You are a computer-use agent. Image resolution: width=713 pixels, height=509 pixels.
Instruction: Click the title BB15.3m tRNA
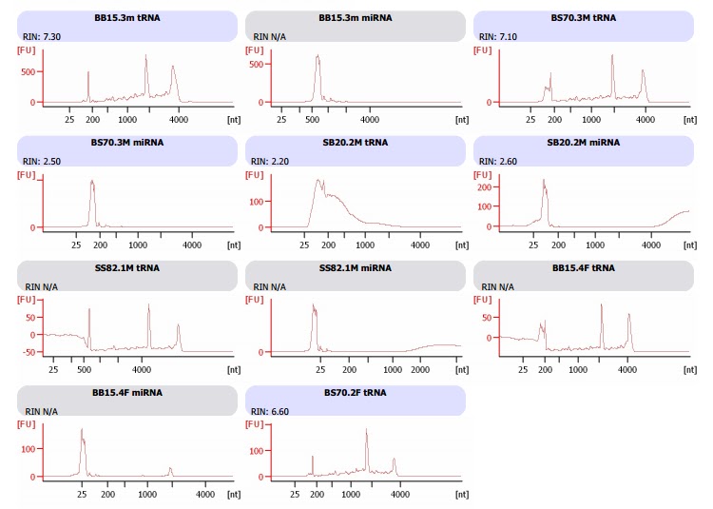(x=127, y=18)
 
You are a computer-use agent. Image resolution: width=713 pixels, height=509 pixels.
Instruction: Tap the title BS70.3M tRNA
(x=583, y=18)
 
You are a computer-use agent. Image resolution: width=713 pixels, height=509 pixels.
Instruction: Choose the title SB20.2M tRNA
(x=356, y=143)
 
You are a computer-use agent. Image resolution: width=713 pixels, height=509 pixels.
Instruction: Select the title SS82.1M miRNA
(x=356, y=268)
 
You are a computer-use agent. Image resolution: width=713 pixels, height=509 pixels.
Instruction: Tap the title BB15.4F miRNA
(x=127, y=392)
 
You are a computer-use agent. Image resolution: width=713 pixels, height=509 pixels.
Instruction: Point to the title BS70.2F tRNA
(x=356, y=392)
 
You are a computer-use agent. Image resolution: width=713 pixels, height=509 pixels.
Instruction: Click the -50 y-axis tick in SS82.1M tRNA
(x=29, y=352)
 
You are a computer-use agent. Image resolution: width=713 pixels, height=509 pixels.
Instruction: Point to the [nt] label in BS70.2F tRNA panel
(x=461, y=495)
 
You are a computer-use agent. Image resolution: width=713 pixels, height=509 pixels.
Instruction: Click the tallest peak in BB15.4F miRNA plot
(x=82, y=430)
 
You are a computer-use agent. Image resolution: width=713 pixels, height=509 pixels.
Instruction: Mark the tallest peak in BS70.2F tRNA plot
(x=366, y=430)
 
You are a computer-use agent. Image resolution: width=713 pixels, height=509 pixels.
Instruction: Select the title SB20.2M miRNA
(x=583, y=143)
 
